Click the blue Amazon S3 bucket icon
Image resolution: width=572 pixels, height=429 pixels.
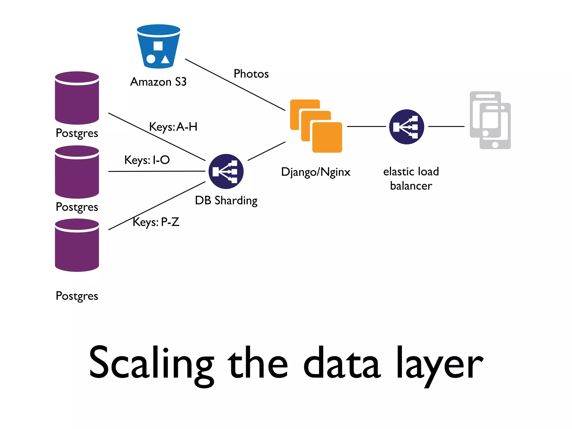(x=158, y=47)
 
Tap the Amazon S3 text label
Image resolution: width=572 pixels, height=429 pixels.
(x=158, y=82)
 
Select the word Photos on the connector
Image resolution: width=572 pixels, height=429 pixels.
(x=251, y=74)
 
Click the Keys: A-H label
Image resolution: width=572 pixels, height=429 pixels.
(x=173, y=127)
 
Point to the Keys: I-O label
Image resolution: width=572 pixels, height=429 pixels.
(x=147, y=160)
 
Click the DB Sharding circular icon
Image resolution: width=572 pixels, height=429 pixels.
(x=226, y=171)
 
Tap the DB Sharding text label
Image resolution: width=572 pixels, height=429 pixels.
(x=226, y=201)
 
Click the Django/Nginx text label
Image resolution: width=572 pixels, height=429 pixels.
(x=316, y=172)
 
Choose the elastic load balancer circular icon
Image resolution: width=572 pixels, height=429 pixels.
(x=406, y=127)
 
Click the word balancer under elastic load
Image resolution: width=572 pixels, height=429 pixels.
(x=411, y=186)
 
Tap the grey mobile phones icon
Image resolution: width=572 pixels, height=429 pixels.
(x=490, y=120)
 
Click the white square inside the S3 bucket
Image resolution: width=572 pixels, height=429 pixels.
(x=158, y=46)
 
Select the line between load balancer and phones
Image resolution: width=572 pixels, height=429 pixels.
(x=446, y=127)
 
